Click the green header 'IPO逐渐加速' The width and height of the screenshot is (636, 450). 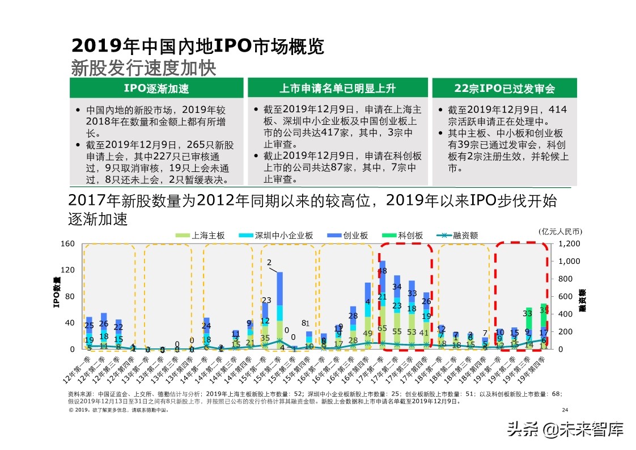(x=156, y=89)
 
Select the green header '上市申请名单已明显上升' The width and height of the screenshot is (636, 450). (x=339, y=89)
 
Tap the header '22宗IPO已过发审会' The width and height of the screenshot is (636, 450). (x=504, y=89)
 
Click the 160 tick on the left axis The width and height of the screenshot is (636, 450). (x=67, y=244)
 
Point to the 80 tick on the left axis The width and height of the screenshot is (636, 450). (x=70, y=297)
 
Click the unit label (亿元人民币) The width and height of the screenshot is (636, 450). (x=560, y=231)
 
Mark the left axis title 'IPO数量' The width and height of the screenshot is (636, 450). (x=57, y=293)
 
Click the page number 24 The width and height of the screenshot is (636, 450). (x=564, y=410)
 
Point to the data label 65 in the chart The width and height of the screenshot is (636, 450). (x=382, y=328)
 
